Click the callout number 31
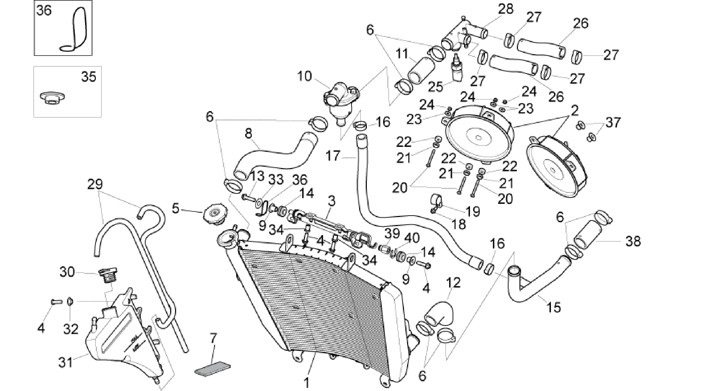tap(65, 363)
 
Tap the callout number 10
tap(305, 76)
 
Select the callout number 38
tap(633, 241)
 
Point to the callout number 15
tap(554, 307)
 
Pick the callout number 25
tap(436, 87)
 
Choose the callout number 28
tap(506, 9)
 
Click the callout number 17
tap(333, 156)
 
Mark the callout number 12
tap(454, 283)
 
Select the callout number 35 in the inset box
tap(89, 76)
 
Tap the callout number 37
tap(612, 123)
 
